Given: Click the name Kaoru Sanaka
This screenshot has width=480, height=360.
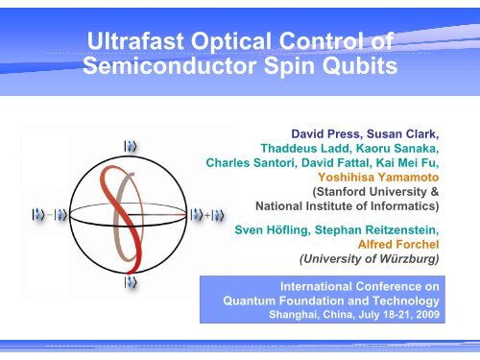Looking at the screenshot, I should (x=395, y=150).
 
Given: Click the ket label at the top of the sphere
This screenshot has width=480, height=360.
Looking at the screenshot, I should (x=129, y=145).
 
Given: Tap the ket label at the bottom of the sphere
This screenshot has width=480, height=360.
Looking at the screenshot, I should (x=129, y=284).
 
